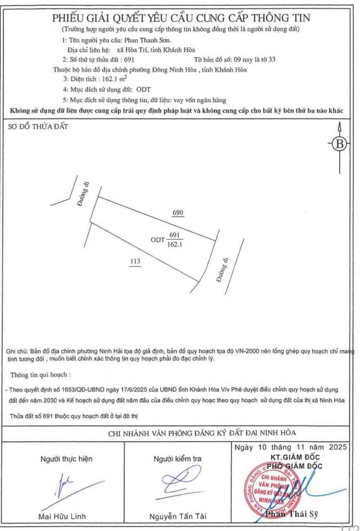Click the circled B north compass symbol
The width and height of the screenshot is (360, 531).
tap(340, 144)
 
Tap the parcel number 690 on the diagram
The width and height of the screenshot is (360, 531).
tap(178, 213)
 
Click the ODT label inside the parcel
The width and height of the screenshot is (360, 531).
tap(158, 239)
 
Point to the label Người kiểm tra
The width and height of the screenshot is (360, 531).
tap(177, 459)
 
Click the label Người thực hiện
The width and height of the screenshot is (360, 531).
tap(66, 459)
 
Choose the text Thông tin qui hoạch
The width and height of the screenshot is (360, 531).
tap(40, 375)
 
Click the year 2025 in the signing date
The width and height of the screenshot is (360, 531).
tap(337, 448)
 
